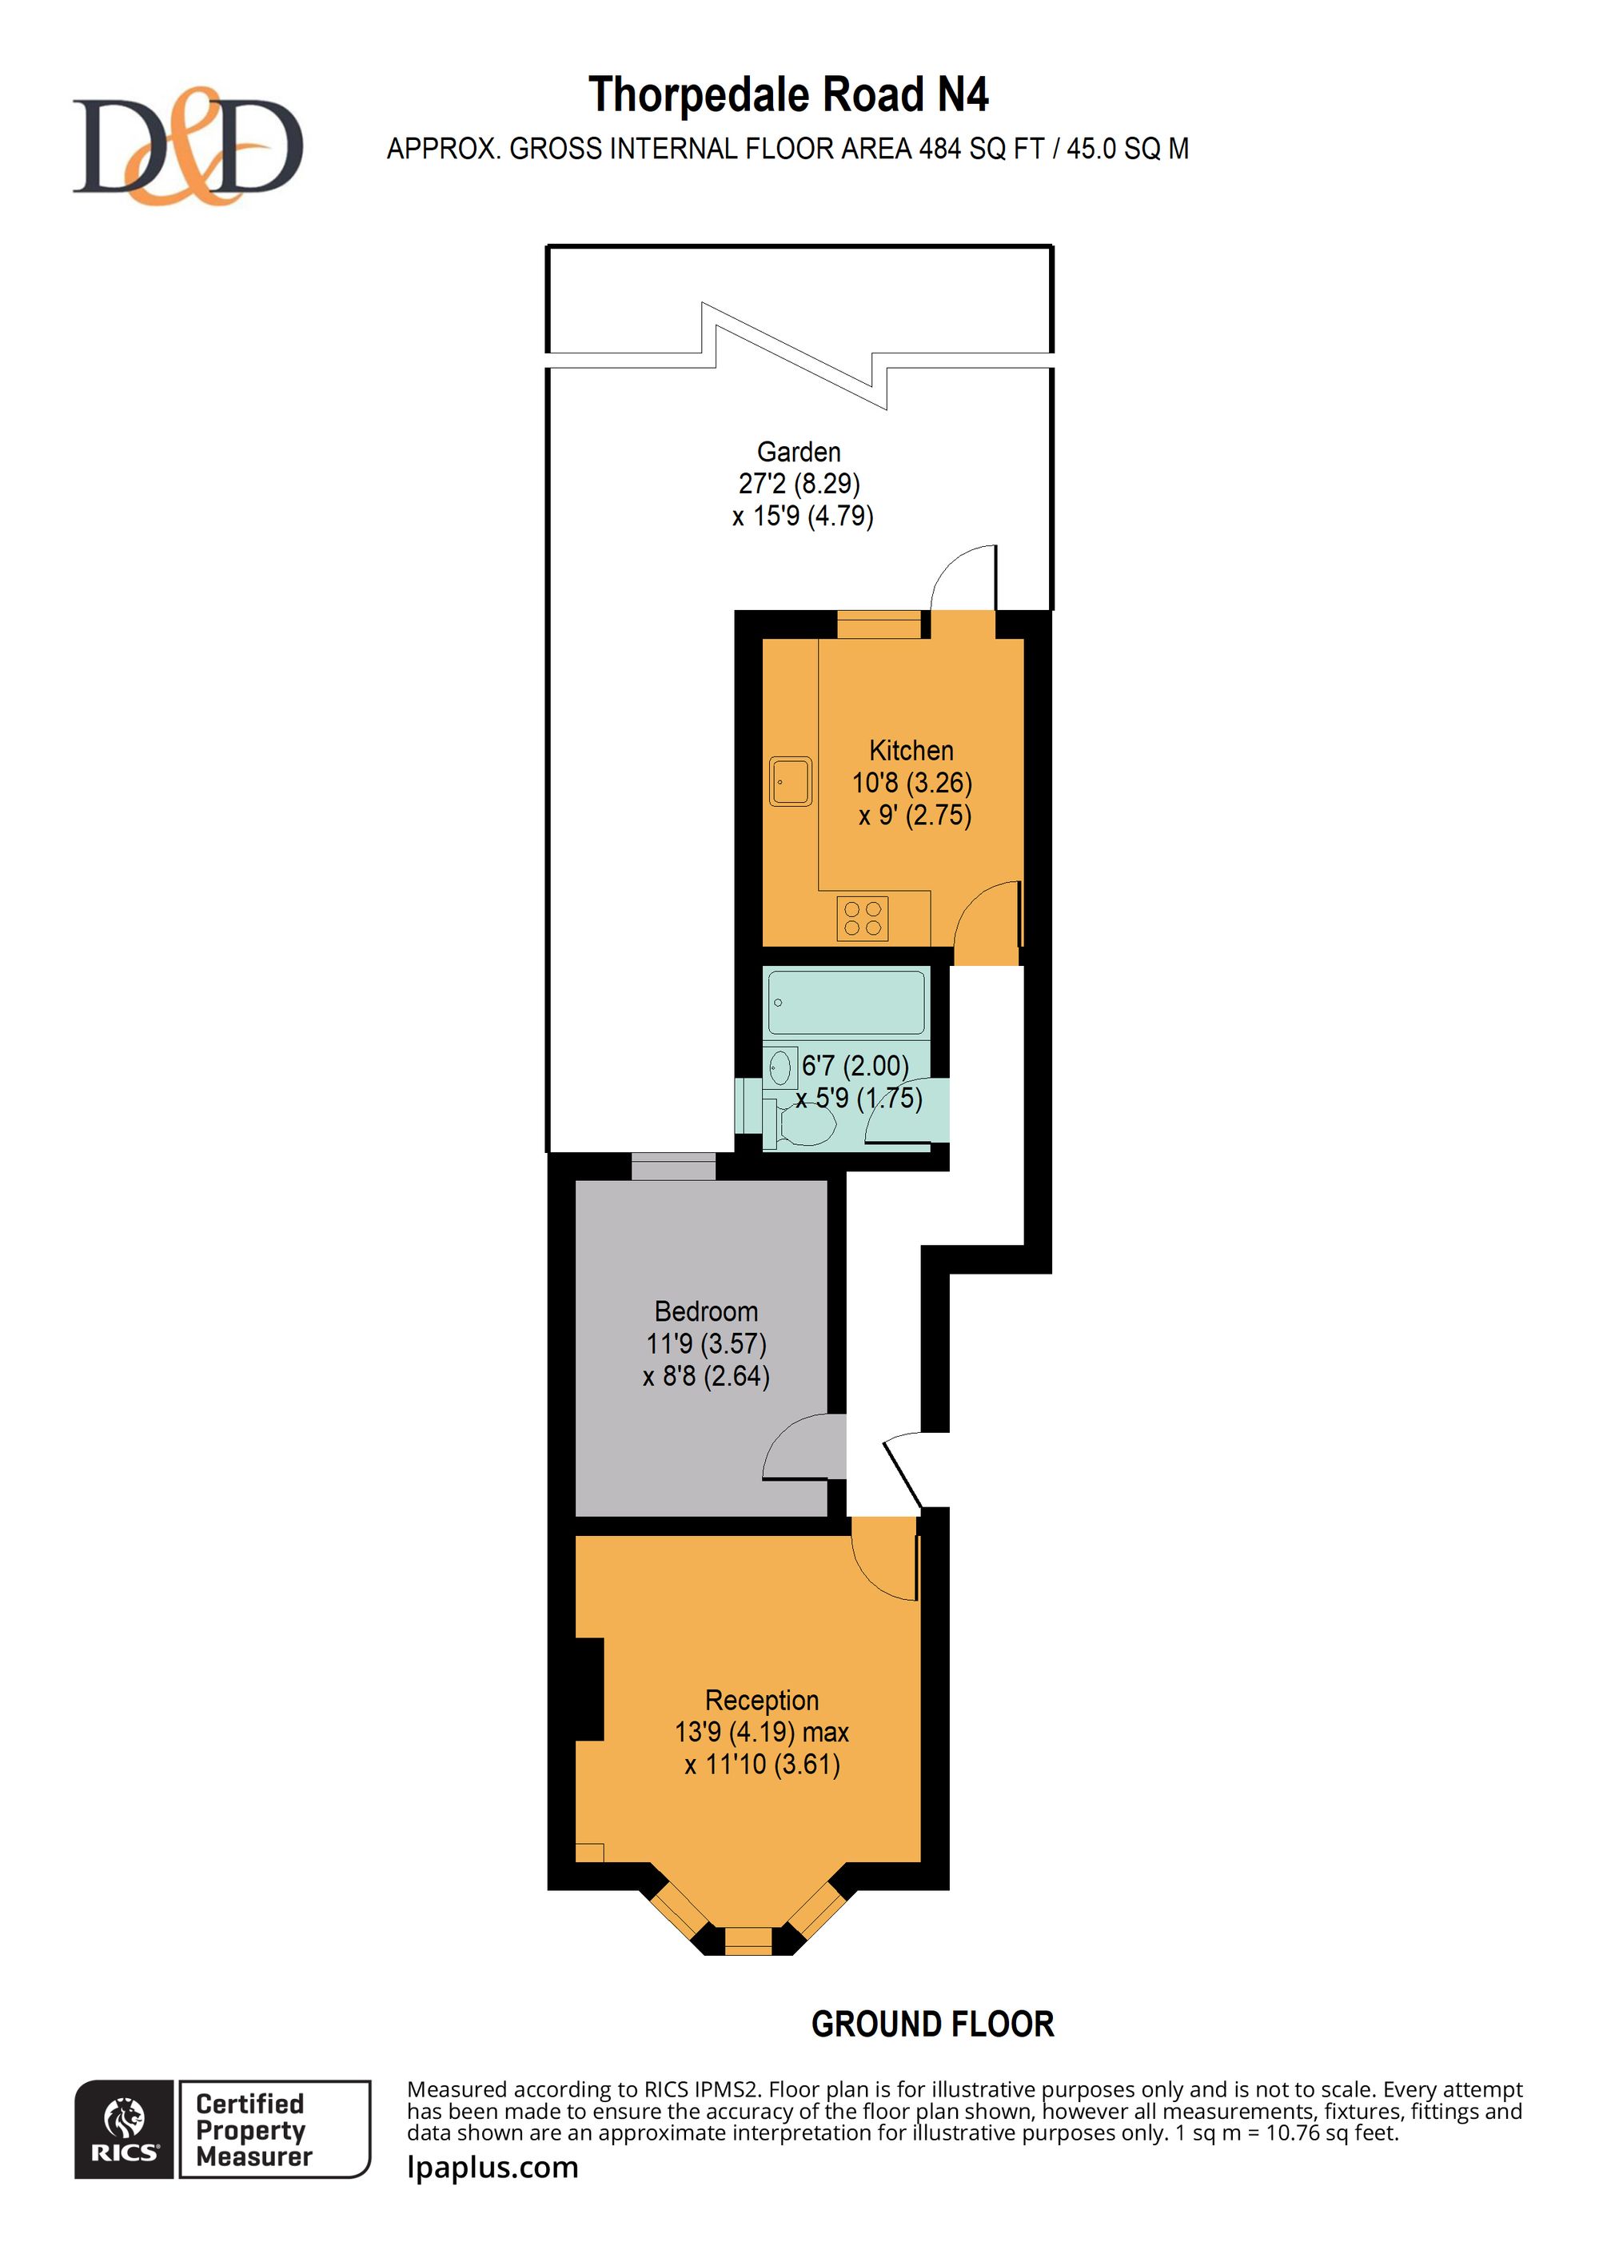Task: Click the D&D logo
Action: pyautogui.click(x=187, y=146)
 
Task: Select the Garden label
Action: pyautogui.click(x=799, y=453)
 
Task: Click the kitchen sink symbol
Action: pyautogui.click(x=790, y=781)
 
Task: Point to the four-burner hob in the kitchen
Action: pyautogui.click(x=862, y=918)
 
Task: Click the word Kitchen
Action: pyautogui.click(x=911, y=751)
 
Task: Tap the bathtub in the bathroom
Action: pyautogui.click(x=847, y=1002)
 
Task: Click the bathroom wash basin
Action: pyautogui.click(x=780, y=1067)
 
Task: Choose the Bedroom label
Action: pyautogui.click(x=707, y=1312)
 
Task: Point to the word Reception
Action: pyautogui.click(x=762, y=1701)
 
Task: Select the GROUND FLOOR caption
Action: pyautogui.click(x=933, y=2025)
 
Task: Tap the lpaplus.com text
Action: pyautogui.click(x=492, y=2168)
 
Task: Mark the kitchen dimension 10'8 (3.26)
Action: pyautogui.click(x=912, y=784)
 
